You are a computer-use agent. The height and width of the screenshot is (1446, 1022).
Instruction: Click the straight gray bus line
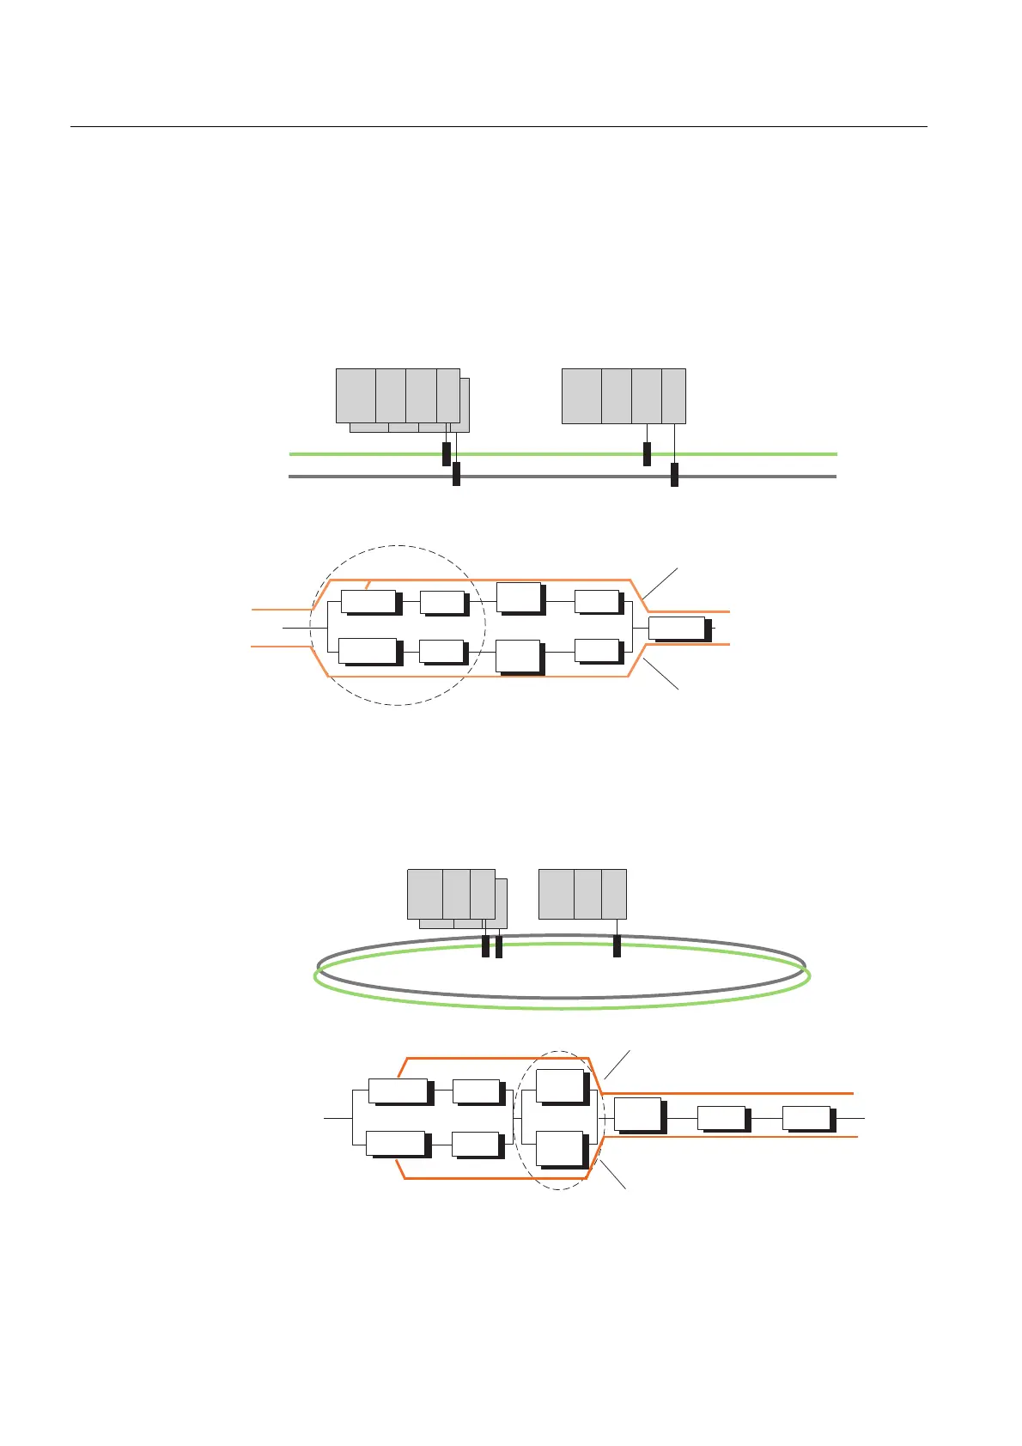558,476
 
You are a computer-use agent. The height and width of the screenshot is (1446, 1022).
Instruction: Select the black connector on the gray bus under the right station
674,474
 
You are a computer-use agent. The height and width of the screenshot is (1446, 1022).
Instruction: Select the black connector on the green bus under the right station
647,453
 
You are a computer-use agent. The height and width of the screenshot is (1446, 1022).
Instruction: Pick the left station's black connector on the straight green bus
446,453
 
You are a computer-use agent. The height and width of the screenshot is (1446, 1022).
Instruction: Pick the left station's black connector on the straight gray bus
456,474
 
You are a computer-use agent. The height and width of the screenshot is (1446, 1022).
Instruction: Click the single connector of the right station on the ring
617,945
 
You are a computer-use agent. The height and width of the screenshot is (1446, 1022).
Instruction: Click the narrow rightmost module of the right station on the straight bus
673,396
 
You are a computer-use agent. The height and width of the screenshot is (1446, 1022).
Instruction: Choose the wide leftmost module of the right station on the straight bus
581,396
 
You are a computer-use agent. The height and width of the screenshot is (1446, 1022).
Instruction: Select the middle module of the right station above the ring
587,894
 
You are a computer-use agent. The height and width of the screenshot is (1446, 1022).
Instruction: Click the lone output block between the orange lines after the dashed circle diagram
677,628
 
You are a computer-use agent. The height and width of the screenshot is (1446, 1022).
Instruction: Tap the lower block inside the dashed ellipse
559,1148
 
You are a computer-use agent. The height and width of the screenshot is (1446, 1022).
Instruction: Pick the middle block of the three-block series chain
721,1118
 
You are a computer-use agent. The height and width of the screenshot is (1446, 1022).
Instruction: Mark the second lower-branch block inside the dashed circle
441,650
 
